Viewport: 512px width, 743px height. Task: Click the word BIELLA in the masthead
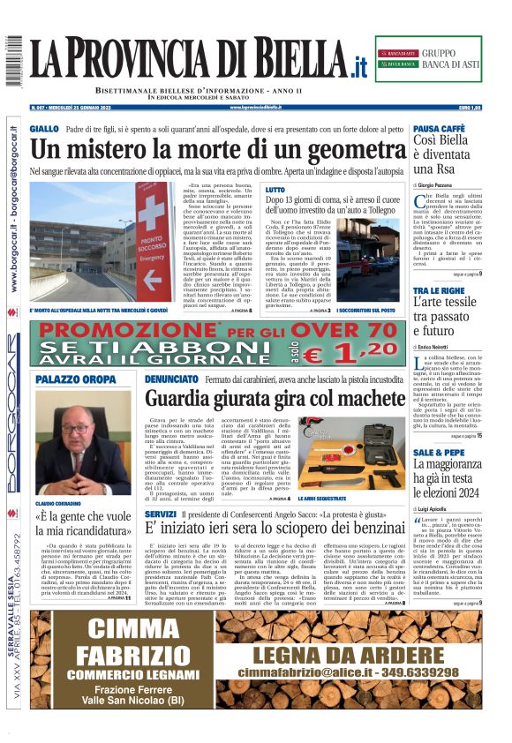click(x=297, y=59)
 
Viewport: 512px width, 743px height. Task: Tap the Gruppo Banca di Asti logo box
click(x=427, y=59)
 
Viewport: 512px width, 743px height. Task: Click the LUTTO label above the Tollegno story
click(x=275, y=190)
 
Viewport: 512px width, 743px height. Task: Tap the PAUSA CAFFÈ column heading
click(x=439, y=129)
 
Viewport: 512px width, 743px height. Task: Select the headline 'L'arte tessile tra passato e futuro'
click(x=447, y=317)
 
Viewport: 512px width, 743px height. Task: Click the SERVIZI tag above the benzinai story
click(x=161, y=514)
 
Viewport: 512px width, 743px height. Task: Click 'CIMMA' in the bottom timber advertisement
click(x=133, y=628)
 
